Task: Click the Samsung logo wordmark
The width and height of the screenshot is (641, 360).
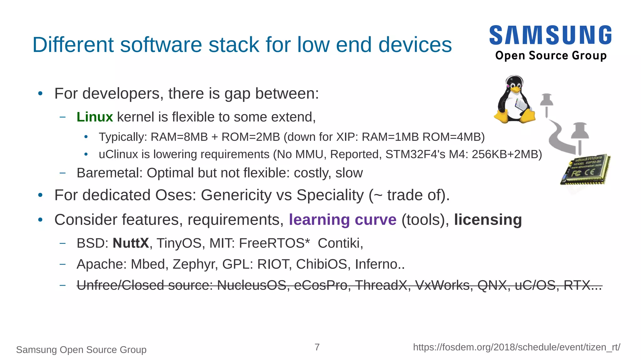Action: tap(550, 35)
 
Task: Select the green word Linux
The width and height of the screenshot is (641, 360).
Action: tap(95, 117)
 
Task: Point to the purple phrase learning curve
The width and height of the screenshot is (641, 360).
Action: tap(342, 220)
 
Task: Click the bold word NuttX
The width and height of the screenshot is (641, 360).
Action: tap(131, 243)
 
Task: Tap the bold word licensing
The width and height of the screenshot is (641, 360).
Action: tap(488, 220)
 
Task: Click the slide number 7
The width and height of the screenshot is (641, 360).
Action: tap(317, 347)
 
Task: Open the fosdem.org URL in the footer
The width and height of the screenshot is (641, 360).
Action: tap(516, 347)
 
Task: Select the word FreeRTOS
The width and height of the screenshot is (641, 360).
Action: tap(272, 243)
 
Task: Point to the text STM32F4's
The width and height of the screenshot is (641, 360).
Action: tap(415, 154)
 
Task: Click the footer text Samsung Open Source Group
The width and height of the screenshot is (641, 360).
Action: tap(81, 350)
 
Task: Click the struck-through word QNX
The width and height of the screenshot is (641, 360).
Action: tap(492, 285)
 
